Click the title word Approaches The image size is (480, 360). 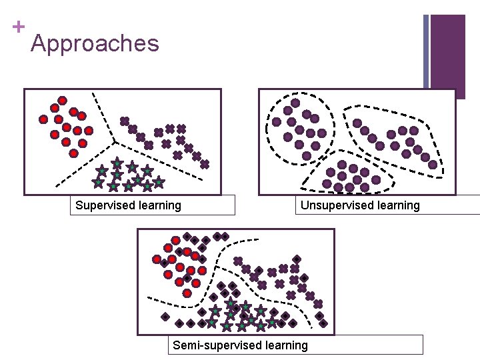(95, 44)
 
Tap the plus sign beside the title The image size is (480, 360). (18, 27)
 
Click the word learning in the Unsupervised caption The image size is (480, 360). (399, 205)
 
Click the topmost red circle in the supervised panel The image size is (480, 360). (62, 101)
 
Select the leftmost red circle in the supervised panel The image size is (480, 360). (43, 119)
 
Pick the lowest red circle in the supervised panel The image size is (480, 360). (73, 153)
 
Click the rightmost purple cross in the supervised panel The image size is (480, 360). (205, 164)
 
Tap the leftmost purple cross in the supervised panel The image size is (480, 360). (124, 121)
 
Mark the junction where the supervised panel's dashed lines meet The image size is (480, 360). (114, 141)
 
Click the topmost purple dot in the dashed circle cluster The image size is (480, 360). (294, 103)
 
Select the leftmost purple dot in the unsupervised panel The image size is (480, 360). (276, 122)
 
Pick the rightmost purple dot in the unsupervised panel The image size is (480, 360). (433, 164)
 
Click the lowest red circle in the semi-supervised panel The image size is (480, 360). (187, 293)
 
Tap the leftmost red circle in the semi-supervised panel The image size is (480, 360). (157, 259)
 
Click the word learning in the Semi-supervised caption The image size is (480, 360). (287, 345)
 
